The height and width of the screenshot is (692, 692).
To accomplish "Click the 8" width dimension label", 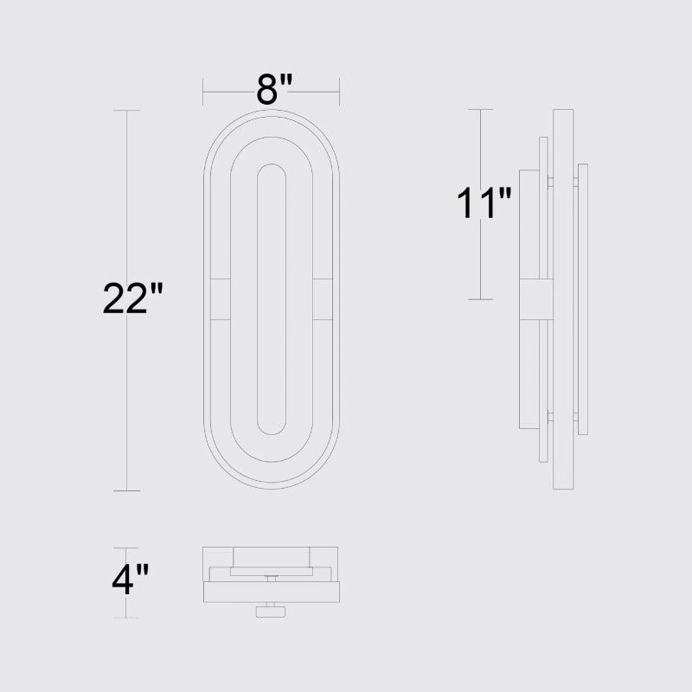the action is tap(274, 90).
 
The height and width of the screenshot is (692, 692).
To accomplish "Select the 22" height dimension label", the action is tap(133, 298).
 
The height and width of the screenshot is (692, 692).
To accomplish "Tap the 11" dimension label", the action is tap(484, 203).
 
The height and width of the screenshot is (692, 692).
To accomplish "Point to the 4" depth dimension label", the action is tap(131, 579).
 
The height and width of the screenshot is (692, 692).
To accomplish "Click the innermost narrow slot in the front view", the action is tap(258, 299).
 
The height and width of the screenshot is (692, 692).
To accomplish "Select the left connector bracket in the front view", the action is tap(221, 299).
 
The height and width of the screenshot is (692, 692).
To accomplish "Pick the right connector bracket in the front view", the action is tap(323, 299).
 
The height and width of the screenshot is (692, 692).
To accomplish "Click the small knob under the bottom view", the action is tap(271, 612).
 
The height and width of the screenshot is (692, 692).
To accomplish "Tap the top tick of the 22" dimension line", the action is tap(126, 111).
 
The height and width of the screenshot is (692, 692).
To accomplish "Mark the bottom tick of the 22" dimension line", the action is tap(126, 490).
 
